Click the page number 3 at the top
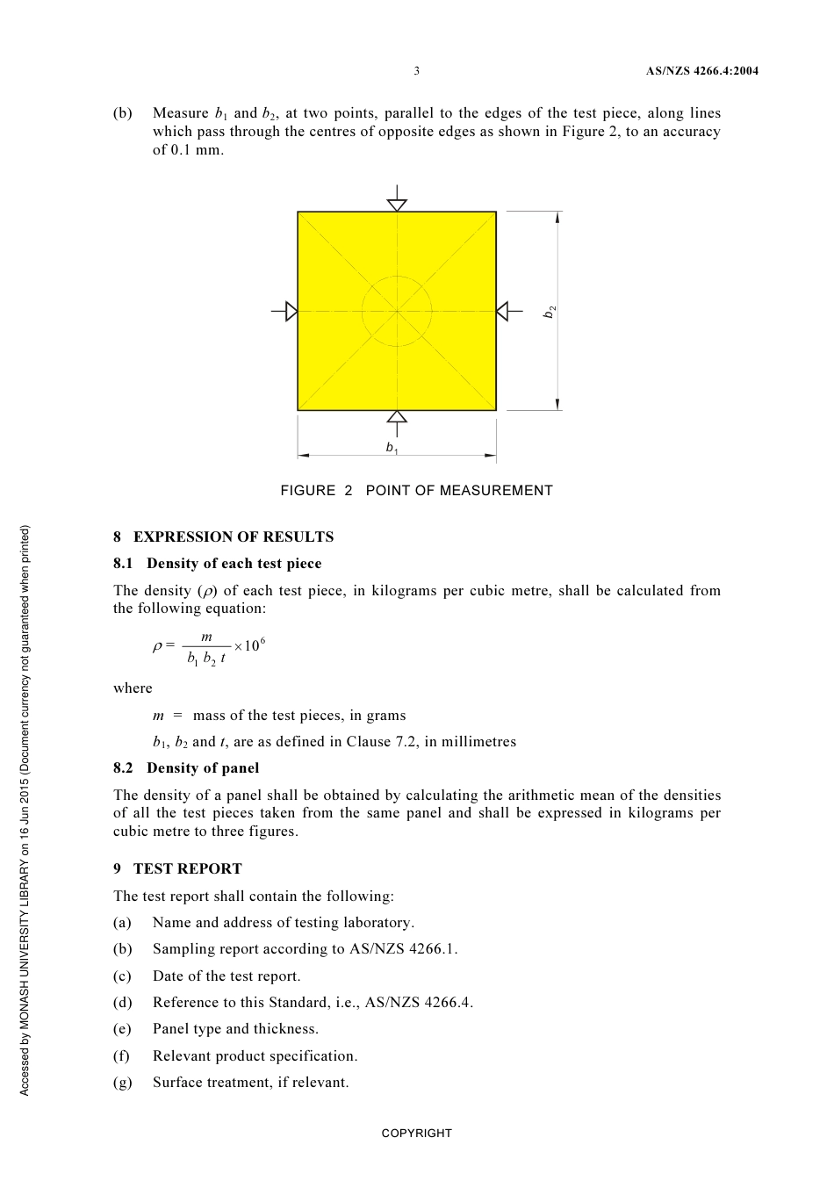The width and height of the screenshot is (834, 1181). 416,71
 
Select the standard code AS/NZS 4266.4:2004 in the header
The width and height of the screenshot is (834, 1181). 701,71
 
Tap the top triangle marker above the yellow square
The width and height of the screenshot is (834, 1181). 397,205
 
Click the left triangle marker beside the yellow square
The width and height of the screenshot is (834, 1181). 291,311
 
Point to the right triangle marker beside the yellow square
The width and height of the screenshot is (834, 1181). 503,311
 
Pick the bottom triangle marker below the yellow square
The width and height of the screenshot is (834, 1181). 397,416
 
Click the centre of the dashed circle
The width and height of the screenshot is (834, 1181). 397,311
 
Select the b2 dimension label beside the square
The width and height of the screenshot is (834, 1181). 550,312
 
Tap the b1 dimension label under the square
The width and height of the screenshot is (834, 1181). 392,448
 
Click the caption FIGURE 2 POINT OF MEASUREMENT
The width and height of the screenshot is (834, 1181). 416,491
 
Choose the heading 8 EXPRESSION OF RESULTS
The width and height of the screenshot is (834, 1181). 223,536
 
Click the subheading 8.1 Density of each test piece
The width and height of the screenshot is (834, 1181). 217,564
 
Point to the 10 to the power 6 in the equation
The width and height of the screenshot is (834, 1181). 254,645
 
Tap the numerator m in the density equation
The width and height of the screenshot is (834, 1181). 206,637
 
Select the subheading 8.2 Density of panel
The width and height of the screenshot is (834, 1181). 186,768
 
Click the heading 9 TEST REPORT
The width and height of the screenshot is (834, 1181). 177,868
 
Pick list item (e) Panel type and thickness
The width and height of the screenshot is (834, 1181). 235,1029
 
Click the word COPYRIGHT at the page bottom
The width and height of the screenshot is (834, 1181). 416,1134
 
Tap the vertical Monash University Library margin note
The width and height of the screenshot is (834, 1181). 25,810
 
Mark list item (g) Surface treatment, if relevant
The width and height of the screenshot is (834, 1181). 250,1083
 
